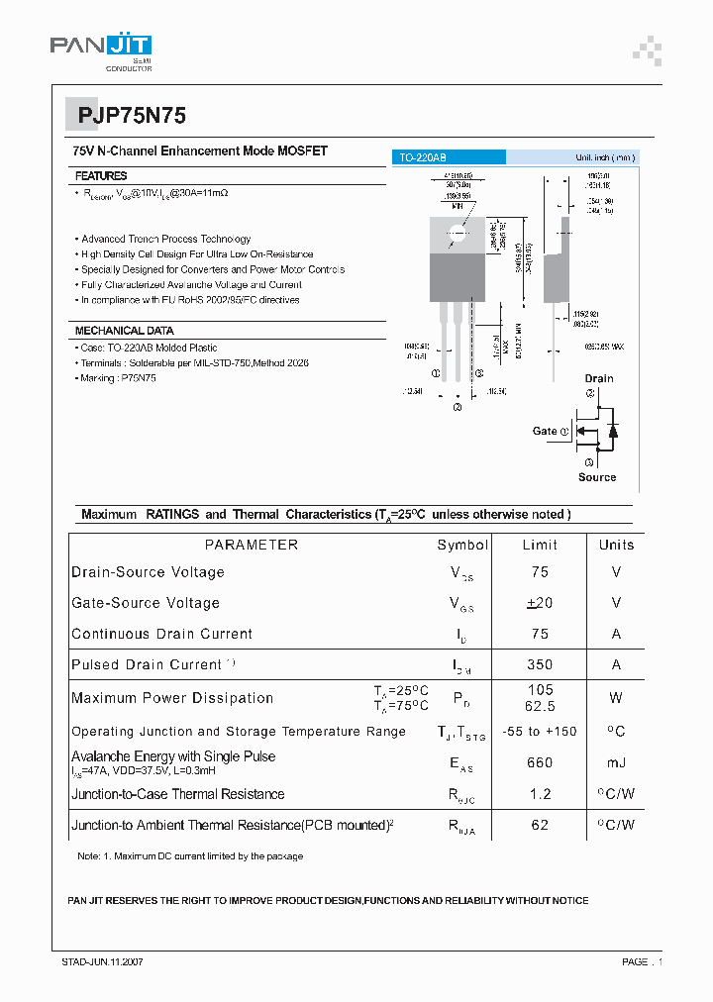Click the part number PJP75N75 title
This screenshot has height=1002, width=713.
(x=126, y=115)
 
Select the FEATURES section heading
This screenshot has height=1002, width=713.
(x=101, y=175)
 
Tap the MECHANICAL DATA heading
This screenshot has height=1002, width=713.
(x=125, y=331)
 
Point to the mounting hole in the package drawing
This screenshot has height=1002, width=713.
(x=457, y=235)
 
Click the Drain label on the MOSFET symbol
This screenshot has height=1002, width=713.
(x=598, y=378)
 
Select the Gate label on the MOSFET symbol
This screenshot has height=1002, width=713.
(x=545, y=431)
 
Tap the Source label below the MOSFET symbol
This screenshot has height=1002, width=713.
(x=597, y=477)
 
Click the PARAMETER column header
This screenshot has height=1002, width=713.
(x=251, y=545)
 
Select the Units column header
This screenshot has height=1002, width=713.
(x=616, y=545)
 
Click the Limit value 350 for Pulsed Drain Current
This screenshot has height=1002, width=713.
(x=540, y=664)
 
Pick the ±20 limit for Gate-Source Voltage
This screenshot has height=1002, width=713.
(x=540, y=603)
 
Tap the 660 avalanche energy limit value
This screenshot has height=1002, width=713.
(x=540, y=762)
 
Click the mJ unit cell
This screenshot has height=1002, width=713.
(x=616, y=762)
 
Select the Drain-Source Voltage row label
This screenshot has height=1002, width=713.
(x=148, y=572)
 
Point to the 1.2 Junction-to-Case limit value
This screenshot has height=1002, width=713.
(x=540, y=794)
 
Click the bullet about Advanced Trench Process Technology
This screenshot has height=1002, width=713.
(x=165, y=239)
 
